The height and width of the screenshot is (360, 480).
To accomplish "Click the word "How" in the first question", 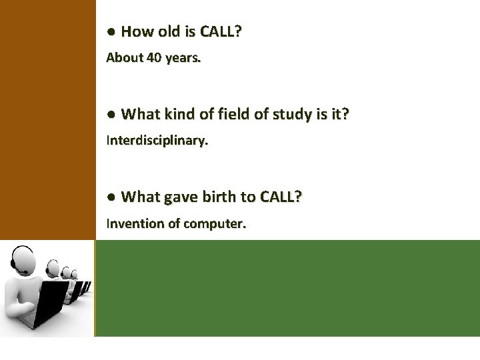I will point(136,31).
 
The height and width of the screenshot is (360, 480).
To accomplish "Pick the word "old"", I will point(169,31).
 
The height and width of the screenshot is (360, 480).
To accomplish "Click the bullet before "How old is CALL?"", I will point(111,32).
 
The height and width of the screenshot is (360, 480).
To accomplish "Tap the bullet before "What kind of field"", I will point(111,115).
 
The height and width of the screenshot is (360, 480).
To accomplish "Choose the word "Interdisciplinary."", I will point(157,141).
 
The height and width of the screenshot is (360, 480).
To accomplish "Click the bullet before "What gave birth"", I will point(111,197).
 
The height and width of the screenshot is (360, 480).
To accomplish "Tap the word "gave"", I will point(180,197).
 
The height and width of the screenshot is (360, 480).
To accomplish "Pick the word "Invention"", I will point(135,223).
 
